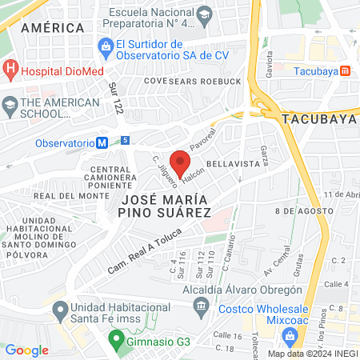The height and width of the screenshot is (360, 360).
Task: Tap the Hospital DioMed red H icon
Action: point(10,70)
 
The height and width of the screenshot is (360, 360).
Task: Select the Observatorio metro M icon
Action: point(102,142)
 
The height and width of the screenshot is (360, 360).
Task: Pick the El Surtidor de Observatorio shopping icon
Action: point(106,46)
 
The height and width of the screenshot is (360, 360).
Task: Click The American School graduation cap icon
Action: point(10,104)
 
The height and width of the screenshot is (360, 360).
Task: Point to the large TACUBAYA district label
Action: point(318,118)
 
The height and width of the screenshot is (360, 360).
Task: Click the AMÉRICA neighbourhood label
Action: point(53,28)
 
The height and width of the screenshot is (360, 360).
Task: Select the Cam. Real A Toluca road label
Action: point(145,250)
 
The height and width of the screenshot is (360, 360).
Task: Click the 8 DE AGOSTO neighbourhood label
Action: point(302,210)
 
